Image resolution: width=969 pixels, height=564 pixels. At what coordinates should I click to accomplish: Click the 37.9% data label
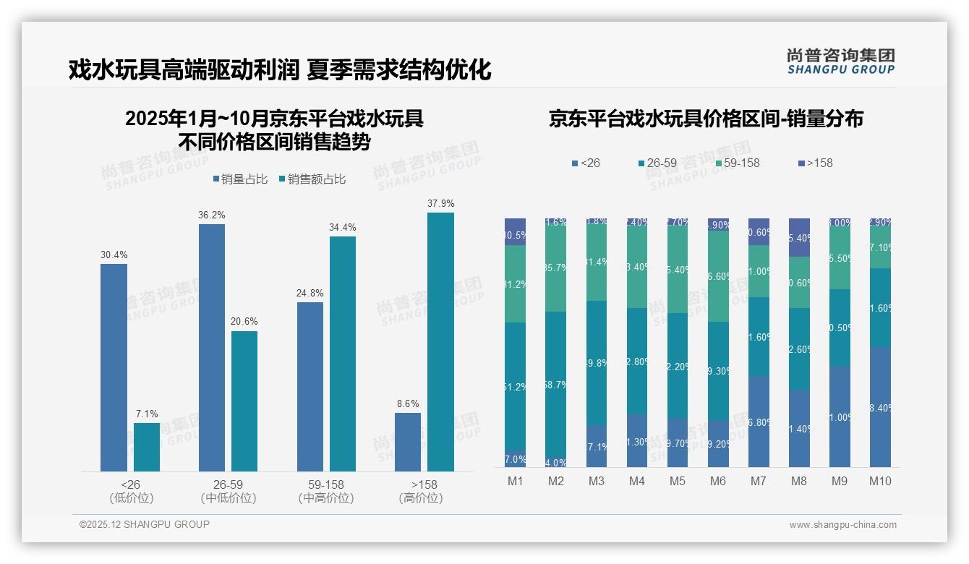440,204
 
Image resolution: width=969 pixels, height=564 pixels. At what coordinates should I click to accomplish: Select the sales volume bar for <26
114,367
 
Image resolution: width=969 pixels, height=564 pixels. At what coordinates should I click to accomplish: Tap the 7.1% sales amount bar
147,447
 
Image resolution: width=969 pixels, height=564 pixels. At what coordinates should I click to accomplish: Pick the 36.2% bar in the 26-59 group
212,347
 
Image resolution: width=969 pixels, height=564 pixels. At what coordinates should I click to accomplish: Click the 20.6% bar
244,401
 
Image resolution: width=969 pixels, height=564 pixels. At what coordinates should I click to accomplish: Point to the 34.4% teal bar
343,354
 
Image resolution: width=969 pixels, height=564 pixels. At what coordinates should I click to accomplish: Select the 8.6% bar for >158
408,442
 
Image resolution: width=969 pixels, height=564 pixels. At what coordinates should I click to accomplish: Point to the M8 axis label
799,481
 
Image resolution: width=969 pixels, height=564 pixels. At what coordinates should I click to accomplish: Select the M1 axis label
516,481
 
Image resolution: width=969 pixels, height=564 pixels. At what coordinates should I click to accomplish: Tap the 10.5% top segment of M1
516,231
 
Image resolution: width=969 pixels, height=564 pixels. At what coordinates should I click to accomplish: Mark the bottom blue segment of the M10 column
880,406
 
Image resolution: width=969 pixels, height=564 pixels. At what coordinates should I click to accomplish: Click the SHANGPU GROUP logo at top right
840,61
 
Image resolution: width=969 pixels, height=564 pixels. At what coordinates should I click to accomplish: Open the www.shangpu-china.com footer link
842,525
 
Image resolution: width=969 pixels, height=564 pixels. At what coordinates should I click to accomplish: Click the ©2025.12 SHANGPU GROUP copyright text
145,524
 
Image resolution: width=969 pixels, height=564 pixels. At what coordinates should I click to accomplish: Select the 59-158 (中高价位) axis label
326,491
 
